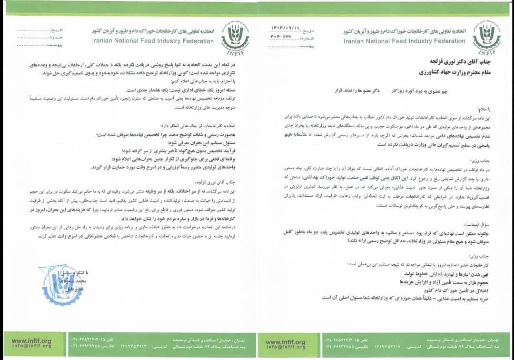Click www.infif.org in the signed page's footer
31,340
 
